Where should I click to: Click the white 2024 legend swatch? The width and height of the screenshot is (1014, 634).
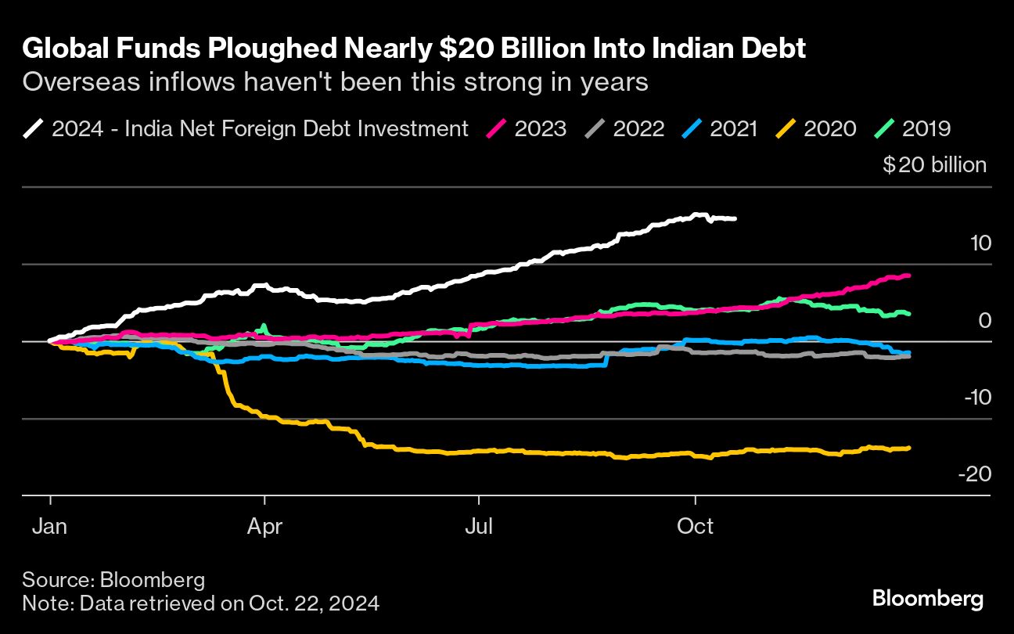(34, 128)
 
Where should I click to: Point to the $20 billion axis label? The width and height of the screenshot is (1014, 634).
(934, 166)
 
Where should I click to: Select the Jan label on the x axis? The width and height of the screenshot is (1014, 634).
(50, 526)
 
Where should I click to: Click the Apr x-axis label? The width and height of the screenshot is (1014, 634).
(265, 526)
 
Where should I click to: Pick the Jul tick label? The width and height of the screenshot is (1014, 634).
(478, 526)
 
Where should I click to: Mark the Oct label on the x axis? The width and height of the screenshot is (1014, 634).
(695, 526)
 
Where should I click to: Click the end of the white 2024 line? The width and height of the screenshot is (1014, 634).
(734, 218)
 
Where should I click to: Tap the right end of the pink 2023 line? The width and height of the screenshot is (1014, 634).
(908, 276)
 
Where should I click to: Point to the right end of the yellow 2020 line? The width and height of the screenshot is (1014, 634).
(908, 448)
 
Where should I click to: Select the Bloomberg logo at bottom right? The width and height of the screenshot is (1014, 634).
(928, 600)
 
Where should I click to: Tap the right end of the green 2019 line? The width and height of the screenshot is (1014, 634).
(908, 314)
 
